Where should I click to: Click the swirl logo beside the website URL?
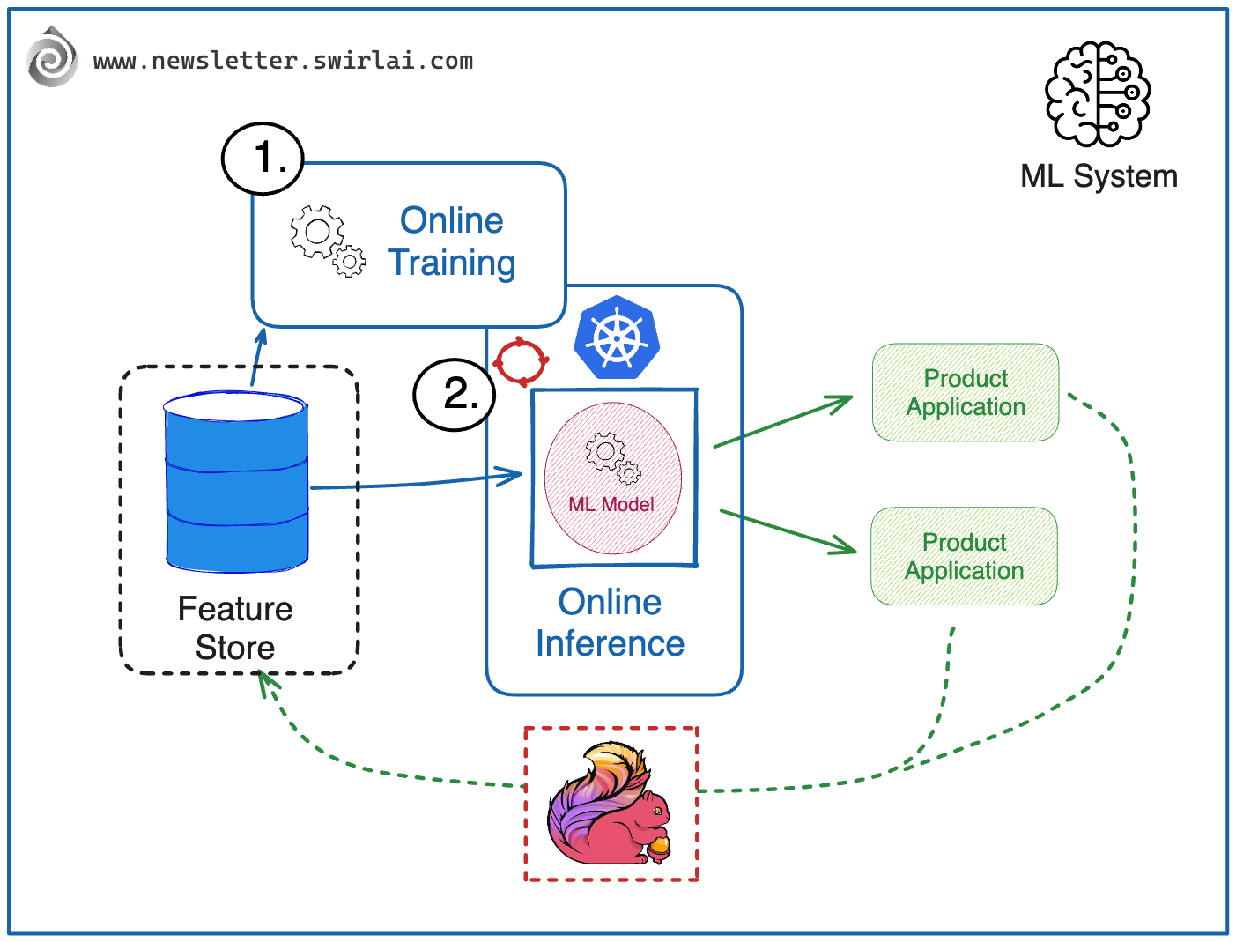click(x=51, y=58)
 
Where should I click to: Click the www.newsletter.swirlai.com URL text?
click(x=283, y=61)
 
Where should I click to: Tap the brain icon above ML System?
click(x=1098, y=93)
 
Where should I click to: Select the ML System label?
click(x=1099, y=176)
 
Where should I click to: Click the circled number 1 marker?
click(x=263, y=159)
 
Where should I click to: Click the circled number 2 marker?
click(x=455, y=394)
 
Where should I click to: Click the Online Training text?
click(x=452, y=241)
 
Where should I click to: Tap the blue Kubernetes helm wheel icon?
click(x=617, y=338)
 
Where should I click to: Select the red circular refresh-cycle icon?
click(x=521, y=360)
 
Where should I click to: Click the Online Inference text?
click(x=610, y=623)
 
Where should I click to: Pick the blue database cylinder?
click(x=236, y=482)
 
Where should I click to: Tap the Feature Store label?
click(x=235, y=628)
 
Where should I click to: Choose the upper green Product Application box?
click(x=966, y=392)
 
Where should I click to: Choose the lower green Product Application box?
click(x=964, y=556)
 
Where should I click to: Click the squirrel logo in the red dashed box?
click(x=608, y=804)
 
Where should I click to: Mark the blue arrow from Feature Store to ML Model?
click(x=414, y=482)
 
